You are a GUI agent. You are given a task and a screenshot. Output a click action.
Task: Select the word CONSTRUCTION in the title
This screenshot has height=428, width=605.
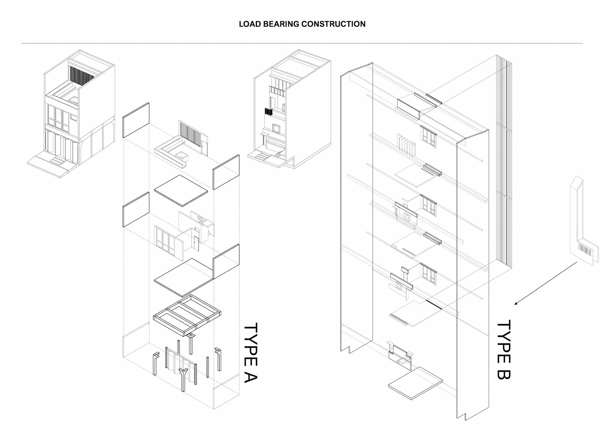(333, 24)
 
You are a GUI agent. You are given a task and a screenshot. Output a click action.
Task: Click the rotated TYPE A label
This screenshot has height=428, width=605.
(251, 352)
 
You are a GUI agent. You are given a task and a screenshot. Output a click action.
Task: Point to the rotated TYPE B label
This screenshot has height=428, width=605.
(504, 350)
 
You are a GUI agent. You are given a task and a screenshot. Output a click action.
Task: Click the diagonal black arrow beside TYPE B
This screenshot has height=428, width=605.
(546, 283)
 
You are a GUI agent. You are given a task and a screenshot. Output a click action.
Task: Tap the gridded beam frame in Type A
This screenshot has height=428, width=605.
(187, 314)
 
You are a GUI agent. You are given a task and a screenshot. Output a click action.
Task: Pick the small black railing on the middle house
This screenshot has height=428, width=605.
(268, 112)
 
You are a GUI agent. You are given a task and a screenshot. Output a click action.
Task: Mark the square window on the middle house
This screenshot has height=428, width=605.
(276, 128)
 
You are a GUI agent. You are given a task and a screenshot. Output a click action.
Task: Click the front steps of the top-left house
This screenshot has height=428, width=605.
(57, 161)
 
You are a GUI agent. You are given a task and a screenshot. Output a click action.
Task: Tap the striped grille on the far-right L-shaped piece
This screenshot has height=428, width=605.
(585, 251)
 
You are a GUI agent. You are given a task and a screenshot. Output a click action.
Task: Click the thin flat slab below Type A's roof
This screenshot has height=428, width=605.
(181, 190)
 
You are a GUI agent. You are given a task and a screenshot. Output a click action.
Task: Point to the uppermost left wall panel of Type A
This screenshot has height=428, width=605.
(136, 120)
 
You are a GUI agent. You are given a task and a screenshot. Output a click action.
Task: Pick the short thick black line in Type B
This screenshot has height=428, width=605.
(434, 304)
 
